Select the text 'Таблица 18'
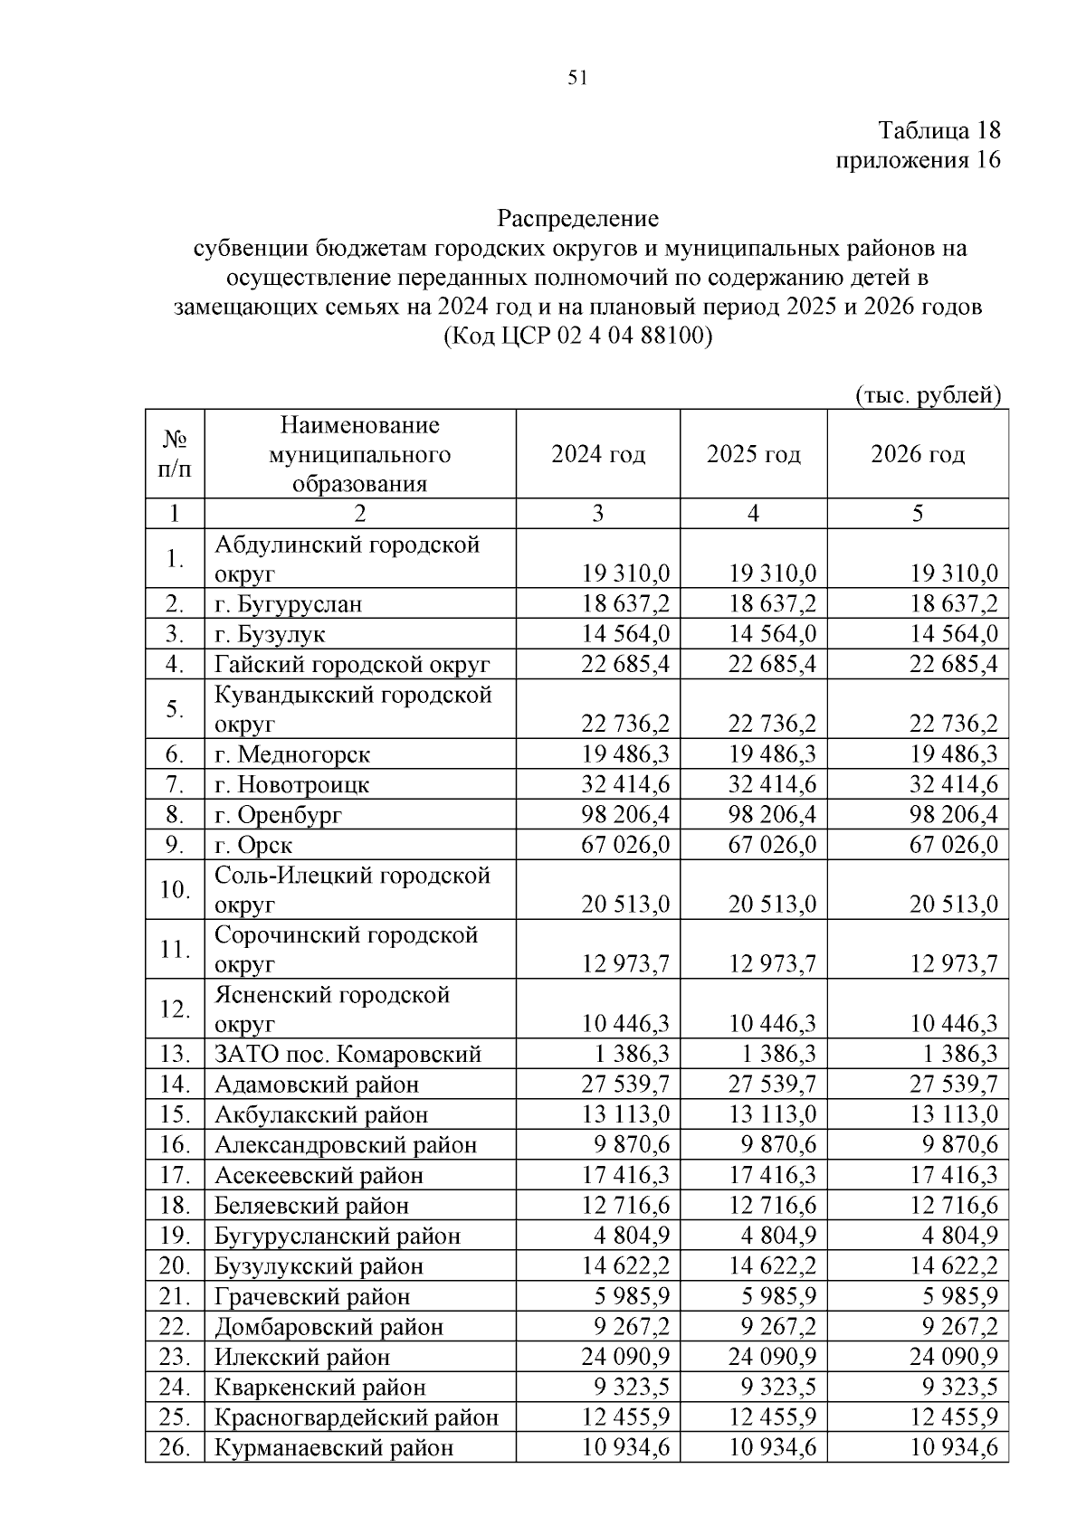[940, 130]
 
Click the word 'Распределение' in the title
[578, 219]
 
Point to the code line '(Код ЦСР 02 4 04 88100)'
[578, 336]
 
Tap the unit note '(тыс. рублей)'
[928, 395]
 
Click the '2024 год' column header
[598, 454]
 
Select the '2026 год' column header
[918, 454]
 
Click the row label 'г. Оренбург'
[279, 815]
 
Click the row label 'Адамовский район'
[317, 1085]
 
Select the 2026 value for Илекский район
[954, 1357]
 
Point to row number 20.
[174, 1266]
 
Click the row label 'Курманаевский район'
[333, 1448]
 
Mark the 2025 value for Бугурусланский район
[778, 1236]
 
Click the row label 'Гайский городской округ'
[352, 665]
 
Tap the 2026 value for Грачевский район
[960, 1296]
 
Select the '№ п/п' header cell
[175, 454]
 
